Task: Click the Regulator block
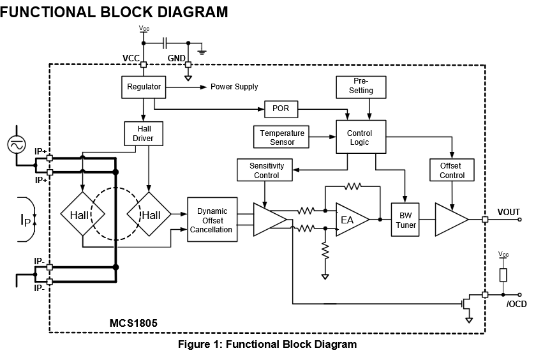click(x=143, y=87)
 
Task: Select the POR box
click(x=280, y=109)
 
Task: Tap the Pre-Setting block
click(x=361, y=86)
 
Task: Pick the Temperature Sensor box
click(x=282, y=137)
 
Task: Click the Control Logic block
click(x=361, y=137)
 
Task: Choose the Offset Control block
click(x=452, y=170)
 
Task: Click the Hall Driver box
click(x=143, y=133)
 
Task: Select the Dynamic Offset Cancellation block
click(x=211, y=220)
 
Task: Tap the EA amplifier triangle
click(x=350, y=220)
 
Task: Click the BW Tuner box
click(x=406, y=220)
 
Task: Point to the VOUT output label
click(x=509, y=213)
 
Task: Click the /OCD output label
click(x=516, y=304)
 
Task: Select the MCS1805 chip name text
click(x=133, y=324)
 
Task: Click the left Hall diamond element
click(x=81, y=215)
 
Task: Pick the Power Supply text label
click(x=234, y=87)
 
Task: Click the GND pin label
click(x=177, y=58)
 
